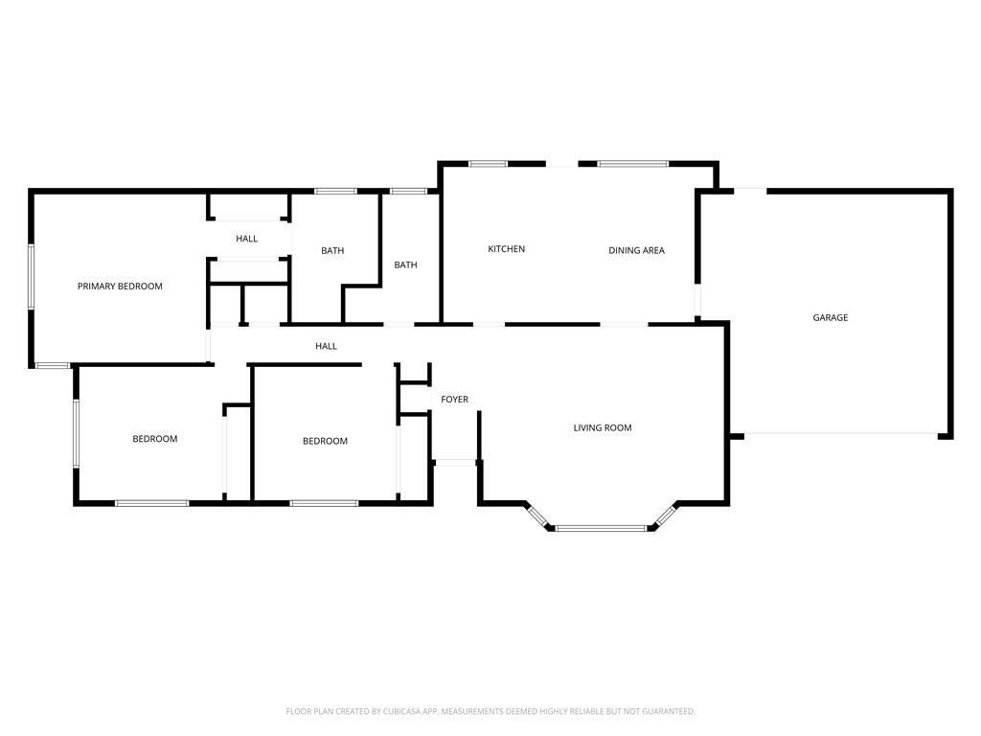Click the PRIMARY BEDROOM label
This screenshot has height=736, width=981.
[120, 286]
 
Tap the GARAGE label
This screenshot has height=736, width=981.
[831, 317]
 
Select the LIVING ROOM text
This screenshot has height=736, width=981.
[603, 427]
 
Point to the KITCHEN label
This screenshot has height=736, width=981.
[506, 248]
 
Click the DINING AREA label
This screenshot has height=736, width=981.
[636, 250]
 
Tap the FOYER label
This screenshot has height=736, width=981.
[454, 399]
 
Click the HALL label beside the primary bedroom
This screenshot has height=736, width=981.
[246, 239]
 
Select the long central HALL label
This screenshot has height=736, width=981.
[326, 345]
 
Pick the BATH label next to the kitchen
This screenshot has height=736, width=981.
[405, 264]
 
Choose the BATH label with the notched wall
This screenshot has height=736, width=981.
[332, 250]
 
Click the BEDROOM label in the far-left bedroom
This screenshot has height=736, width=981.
[154, 439]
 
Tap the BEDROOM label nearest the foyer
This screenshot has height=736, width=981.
[325, 441]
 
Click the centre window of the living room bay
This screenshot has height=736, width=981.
[601, 529]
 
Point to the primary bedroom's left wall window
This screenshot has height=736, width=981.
[32, 276]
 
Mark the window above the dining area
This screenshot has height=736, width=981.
[632, 164]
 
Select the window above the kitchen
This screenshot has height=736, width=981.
[488, 164]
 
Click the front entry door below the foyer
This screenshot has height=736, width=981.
[455, 463]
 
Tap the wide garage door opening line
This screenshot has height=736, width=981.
[841, 433]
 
